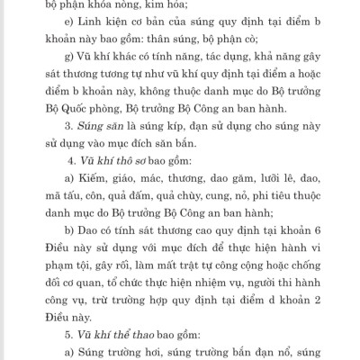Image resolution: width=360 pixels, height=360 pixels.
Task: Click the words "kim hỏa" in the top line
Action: coord(144,5)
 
